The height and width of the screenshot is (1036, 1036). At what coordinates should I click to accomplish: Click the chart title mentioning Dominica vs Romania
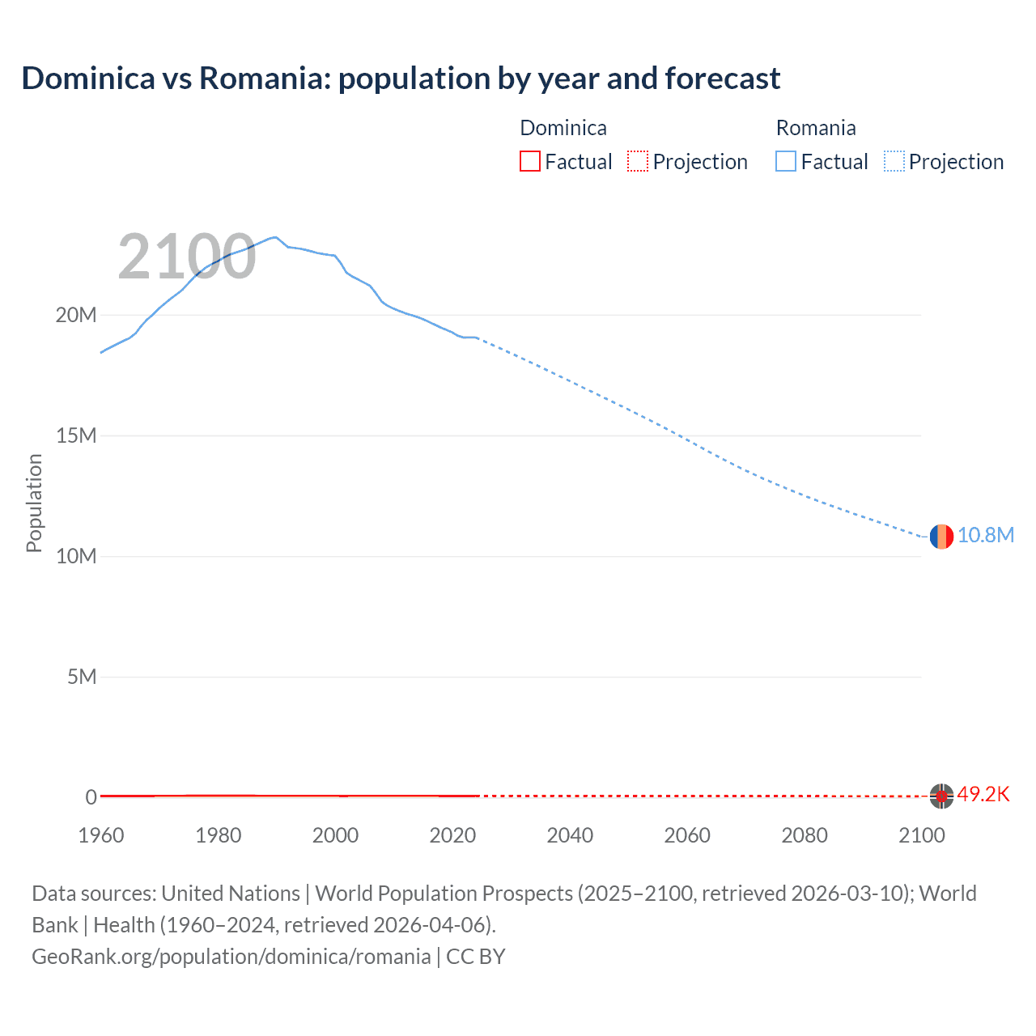pyautogui.click(x=401, y=79)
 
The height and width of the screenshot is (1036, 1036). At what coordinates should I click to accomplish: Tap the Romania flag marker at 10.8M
pyautogui.click(x=940, y=536)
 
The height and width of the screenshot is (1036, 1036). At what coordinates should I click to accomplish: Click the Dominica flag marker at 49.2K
pyautogui.click(x=940, y=796)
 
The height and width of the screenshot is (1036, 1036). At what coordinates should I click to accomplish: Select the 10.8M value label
pyautogui.click(x=985, y=536)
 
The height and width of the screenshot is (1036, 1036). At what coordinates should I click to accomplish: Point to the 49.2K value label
pyautogui.click(x=983, y=795)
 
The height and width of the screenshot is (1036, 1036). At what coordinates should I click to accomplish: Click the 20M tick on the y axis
pyautogui.click(x=76, y=315)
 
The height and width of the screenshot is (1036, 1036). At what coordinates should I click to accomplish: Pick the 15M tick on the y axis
pyautogui.click(x=76, y=435)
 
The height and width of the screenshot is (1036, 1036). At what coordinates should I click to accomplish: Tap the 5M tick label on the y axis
pyautogui.click(x=82, y=677)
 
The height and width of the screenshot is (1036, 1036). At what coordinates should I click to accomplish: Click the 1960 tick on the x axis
pyautogui.click(x=101, y=835)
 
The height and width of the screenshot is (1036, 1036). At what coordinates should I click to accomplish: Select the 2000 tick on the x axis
pyautogui.click(x=335, y=835)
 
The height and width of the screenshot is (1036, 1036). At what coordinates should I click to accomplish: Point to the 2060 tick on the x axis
pyautogui.click(x=687, y=835)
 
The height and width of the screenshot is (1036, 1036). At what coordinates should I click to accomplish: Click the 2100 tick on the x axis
pyautogui.click(x=921, y=835)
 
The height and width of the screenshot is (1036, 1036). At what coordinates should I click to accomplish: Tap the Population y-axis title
pyautogui.click(x=34, y=503)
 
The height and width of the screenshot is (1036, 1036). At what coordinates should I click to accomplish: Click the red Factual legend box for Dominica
pyautogui.click(x=530, y=161)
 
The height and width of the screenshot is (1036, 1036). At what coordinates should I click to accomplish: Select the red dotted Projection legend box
pyautogui.click(x=638, y=161)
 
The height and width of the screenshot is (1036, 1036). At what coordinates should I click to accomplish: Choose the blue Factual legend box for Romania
pyautogui.click(x=786, y=161)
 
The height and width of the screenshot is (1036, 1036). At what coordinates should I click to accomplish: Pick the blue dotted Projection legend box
pyautogui.click(x=894, y=161)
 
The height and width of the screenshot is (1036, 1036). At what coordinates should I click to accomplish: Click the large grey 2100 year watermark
pyautogui.click(x=187, y=257)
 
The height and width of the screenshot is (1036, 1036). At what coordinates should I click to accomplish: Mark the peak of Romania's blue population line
pyautogui.click(x=275, y=237)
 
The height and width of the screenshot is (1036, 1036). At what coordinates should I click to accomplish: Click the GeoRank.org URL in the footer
pyautogui.click(x=231, y=957)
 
